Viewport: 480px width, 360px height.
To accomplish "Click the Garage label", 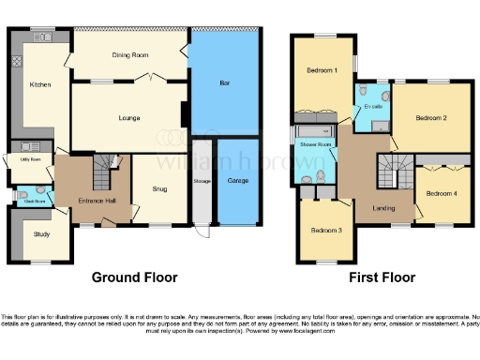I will click(x=237, y=179).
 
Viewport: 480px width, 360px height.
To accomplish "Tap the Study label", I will click(x=40, y=233).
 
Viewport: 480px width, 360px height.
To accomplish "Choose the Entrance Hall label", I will click(x=97, y=202).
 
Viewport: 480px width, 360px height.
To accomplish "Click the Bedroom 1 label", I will click(x=322, y=70).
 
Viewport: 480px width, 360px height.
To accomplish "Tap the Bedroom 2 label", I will click(x=431, y=118).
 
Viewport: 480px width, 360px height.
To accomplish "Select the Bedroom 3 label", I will click(x=326, y=231).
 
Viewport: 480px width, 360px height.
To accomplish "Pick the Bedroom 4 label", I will click(x=441, y=192).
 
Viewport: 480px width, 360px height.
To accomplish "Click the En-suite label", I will click(x=372, y=107).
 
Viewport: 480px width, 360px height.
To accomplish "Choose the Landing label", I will click(x=382, y=208).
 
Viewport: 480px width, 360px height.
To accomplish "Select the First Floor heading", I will click(x=382, y=277).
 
